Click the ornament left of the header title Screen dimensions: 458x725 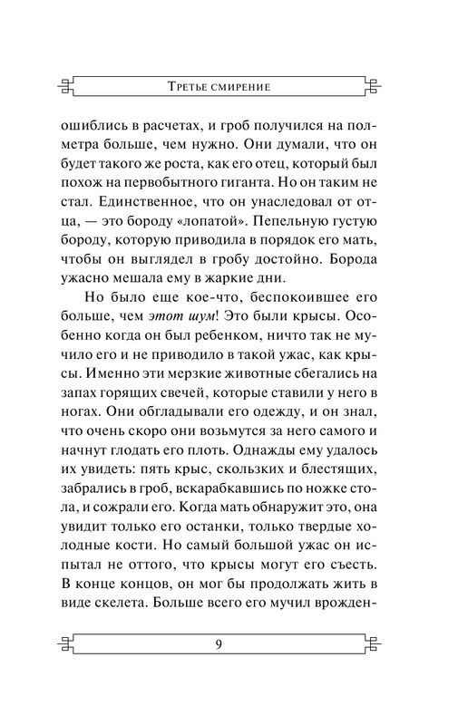(65, 87)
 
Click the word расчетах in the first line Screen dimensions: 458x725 (169, 129)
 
